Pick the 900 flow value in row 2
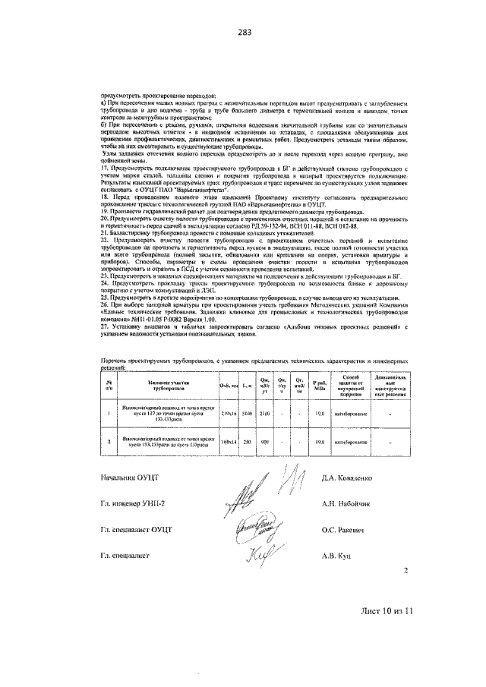click(x=265, y=441)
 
